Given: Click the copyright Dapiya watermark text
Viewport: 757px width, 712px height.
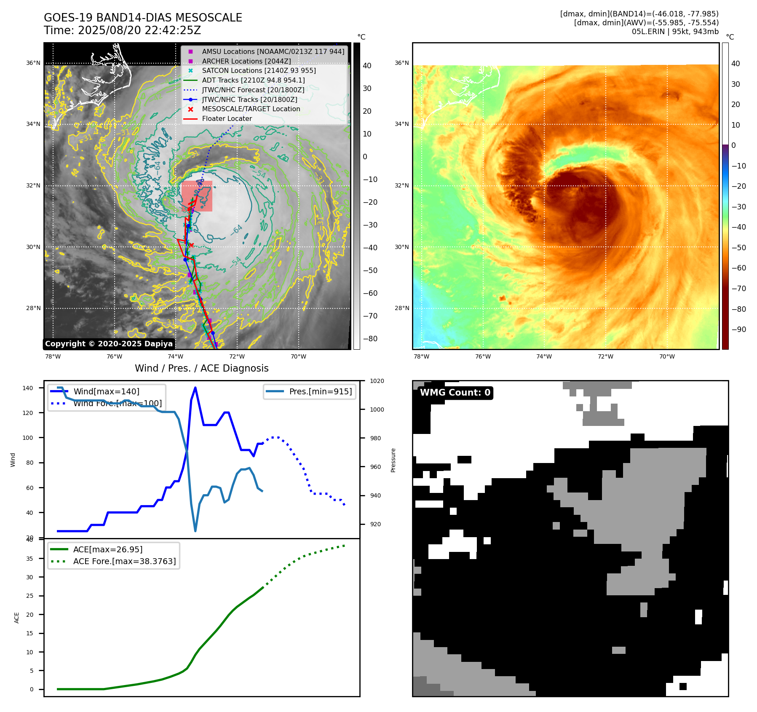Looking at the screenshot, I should point(109,344).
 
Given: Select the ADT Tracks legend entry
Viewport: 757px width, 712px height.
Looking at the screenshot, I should point(253,80).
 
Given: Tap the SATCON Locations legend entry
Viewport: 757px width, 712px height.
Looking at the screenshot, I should point(258,70).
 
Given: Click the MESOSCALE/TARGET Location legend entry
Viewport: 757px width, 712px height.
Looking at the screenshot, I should point(251,109).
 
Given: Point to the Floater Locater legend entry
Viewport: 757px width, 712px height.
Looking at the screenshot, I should point(227,118).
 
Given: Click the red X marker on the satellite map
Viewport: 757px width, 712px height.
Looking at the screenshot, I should point(191,245).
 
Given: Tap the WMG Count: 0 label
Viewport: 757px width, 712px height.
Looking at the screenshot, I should point(455,393).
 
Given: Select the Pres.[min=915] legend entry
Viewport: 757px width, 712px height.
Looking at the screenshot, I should point(320,391).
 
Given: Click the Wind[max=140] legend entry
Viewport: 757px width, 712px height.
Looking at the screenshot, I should point(106,391).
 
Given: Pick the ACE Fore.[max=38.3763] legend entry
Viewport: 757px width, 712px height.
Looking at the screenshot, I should point(124,561).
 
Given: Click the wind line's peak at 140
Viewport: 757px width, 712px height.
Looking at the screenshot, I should point(195,388).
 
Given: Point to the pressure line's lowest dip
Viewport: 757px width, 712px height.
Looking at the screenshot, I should point(195,531).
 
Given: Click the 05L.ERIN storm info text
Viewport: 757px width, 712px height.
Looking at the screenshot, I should point(675,32).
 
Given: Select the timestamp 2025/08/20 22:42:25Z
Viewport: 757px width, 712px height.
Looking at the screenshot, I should point(139,30).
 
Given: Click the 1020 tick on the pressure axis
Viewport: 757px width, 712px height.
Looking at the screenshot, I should point(377,381).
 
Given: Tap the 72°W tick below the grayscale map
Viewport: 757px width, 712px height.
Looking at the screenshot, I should point(237,356).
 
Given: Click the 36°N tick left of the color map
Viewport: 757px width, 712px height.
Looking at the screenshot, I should point(401,63).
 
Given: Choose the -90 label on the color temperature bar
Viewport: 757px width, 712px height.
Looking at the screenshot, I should point(738,329).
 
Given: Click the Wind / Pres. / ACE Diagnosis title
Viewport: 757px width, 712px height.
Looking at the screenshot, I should point(201,368).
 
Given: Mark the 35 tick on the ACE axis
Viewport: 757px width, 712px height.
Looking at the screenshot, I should point(30,559).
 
